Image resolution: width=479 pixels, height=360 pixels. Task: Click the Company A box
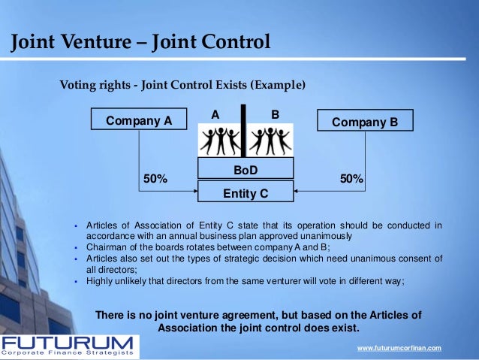point(139,120)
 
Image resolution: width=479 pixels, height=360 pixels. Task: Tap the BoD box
point(245,170)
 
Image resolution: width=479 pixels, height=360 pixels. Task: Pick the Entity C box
point(245,192)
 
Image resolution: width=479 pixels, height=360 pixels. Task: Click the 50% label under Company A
point(155,179)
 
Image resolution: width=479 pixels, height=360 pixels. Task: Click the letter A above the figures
point(215,114)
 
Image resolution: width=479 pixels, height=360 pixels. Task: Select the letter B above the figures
point(275,114)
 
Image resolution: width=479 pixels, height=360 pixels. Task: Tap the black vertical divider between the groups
point(245,131)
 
